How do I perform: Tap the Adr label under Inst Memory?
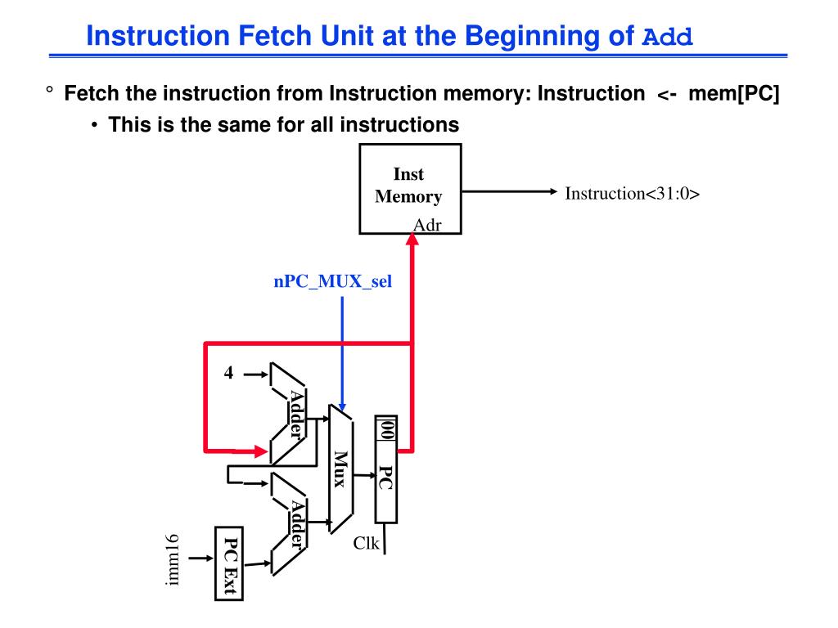427,224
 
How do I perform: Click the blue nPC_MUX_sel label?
332,283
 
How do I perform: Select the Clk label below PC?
366,542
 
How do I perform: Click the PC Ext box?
229,563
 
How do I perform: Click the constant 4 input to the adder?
228,374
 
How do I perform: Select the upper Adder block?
290,413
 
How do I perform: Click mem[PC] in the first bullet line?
734,94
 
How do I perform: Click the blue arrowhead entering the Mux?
342,406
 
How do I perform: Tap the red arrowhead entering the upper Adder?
259,450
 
